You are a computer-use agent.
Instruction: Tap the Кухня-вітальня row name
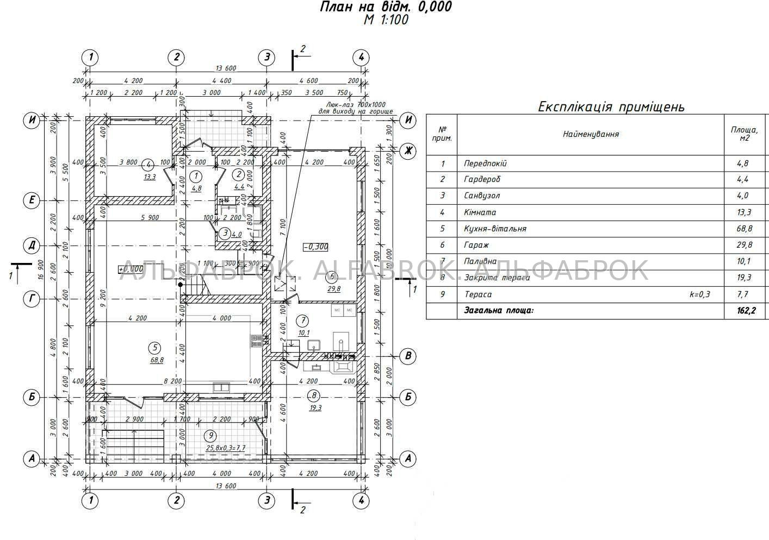(x=495, y=229)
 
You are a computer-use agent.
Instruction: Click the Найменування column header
(x=591, y=134)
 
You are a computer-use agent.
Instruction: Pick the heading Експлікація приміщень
(x=611, y=106)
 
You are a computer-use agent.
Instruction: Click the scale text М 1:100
(x=386, y=20)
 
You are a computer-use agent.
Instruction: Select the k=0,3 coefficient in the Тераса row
(x=700, y=294)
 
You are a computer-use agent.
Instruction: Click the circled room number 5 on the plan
(x=155, y=348)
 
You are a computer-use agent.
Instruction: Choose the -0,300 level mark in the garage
(x=316, y=247)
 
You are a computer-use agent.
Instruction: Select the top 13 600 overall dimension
(x=226, y=68)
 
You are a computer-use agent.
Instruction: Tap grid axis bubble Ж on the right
(x=408, y=151)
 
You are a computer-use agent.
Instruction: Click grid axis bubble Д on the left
(x=32, y=246)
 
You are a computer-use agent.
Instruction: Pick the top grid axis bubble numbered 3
(x=266, y=57)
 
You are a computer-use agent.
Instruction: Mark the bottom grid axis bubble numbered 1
(x=90, y=500)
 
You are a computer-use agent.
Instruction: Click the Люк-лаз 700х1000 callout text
(x=356, y=104)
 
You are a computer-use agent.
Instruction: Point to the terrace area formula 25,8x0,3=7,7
(x=225, y=448)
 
